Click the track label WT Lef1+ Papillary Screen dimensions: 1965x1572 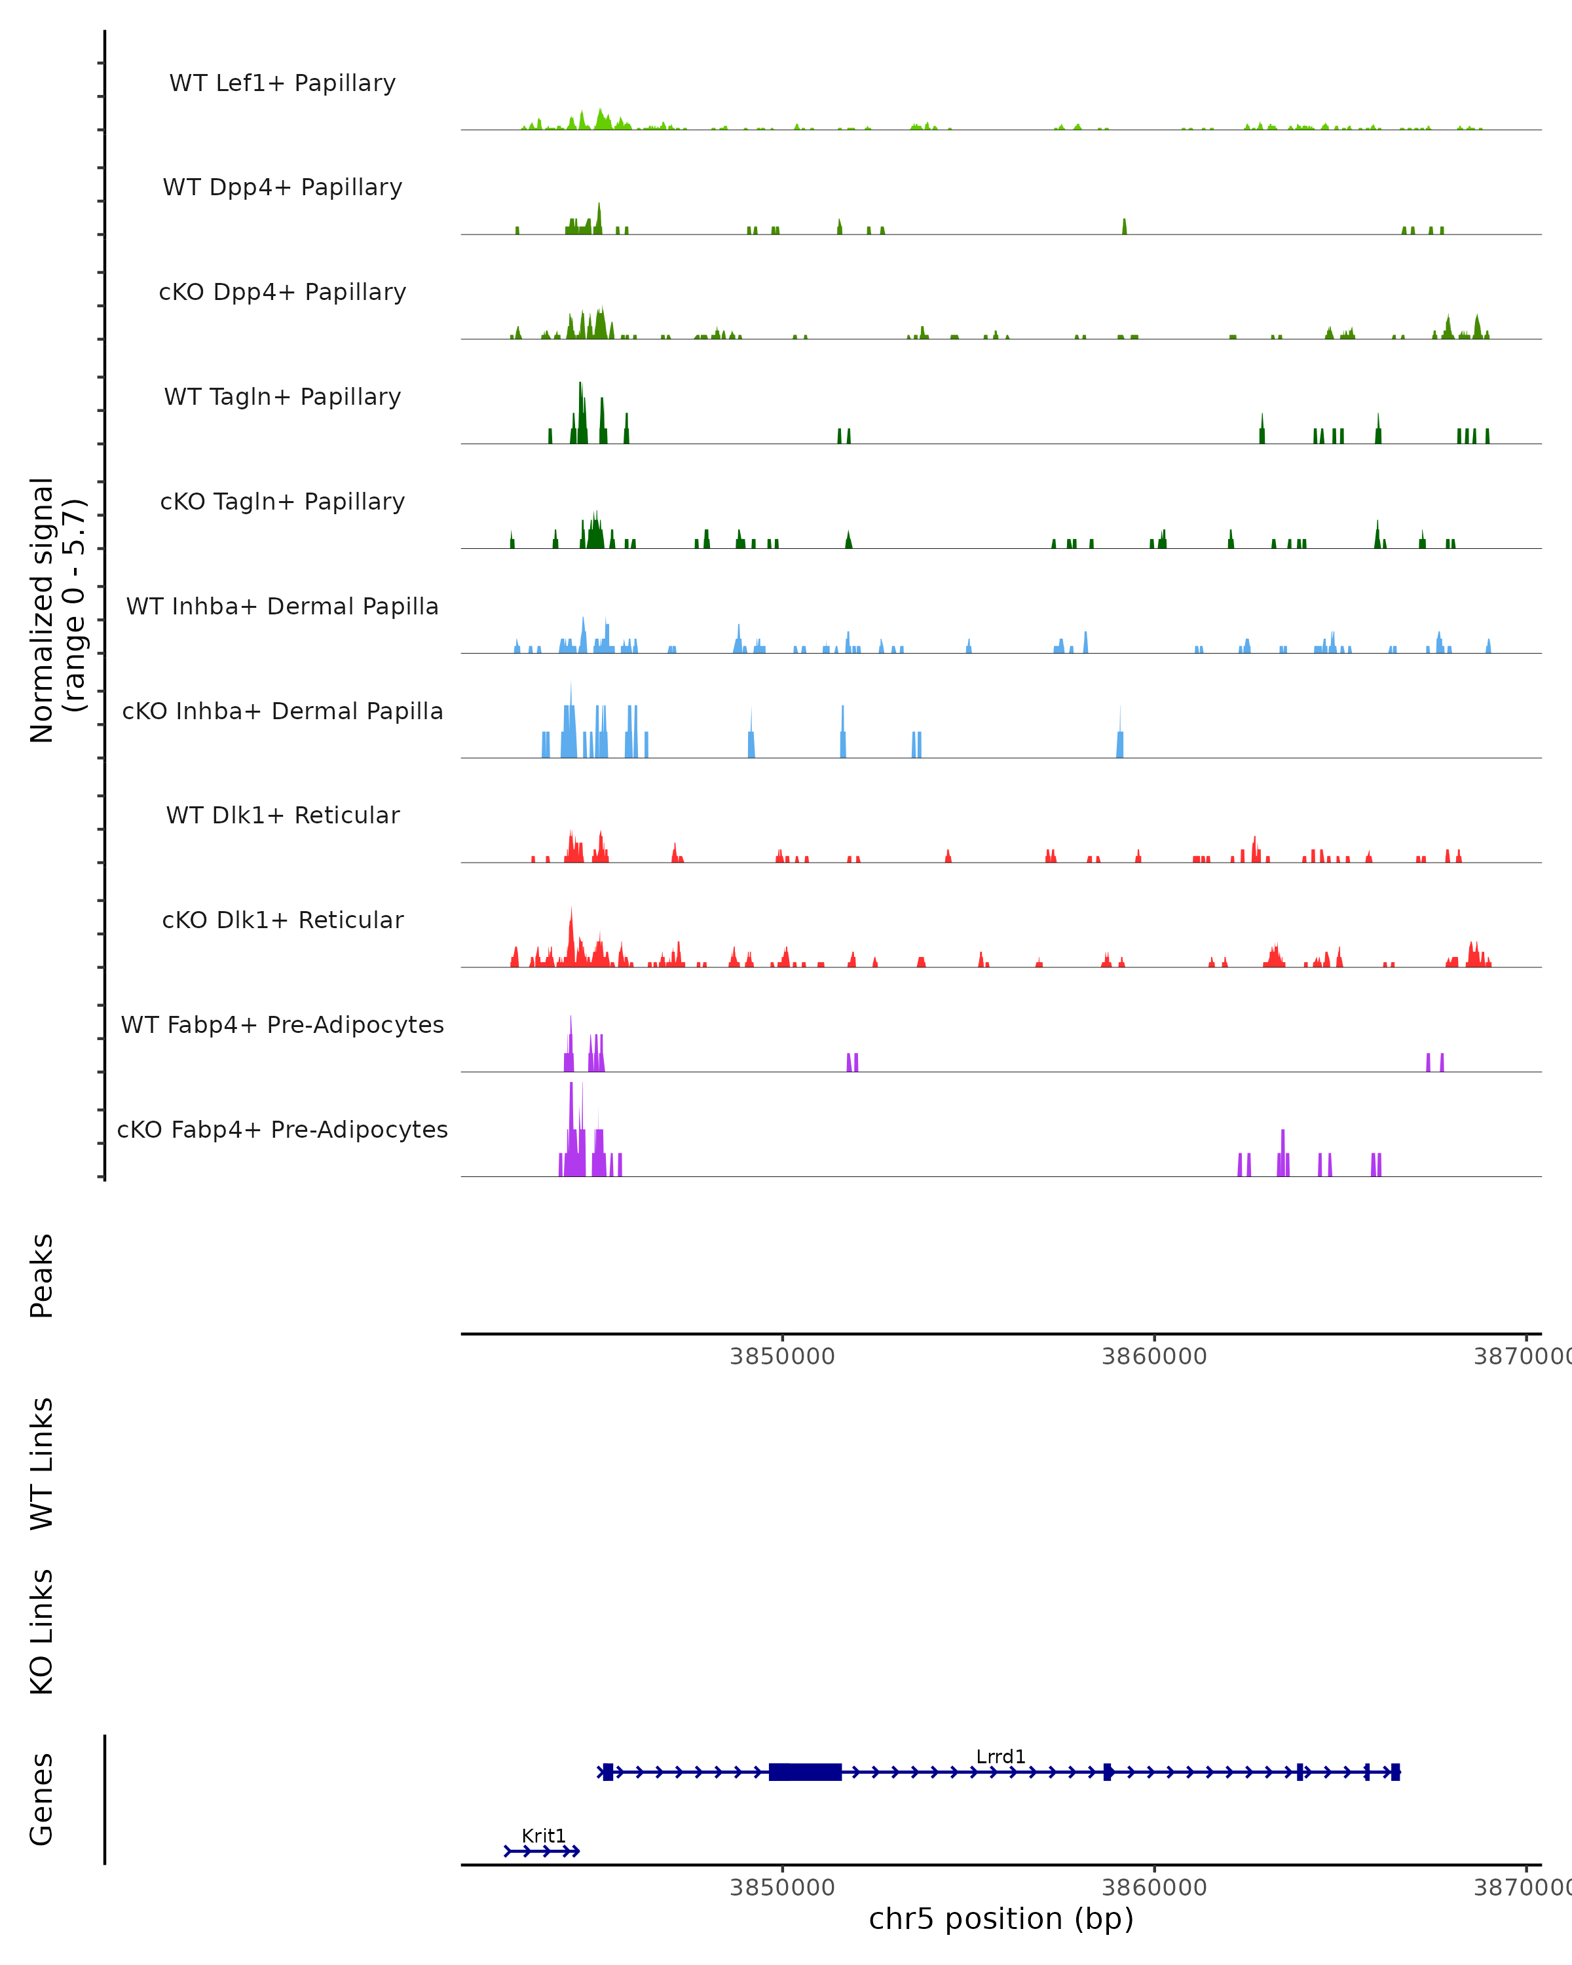[282, 83]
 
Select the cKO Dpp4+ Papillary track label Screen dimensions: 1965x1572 [282, 293]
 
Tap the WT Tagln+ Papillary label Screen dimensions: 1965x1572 [282, 398]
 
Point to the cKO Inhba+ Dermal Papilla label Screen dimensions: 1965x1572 [282, 712]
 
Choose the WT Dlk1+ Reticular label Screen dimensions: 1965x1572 [282, 815]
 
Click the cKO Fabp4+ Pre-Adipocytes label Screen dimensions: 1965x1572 [282, 1130]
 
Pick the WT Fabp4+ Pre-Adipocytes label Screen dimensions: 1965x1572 [282, 1025]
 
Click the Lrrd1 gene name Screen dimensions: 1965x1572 [1001, 1757]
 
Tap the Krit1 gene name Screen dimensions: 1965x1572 [544, 1835]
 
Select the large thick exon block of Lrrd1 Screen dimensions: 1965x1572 [805, 1772]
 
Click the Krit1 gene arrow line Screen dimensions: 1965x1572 [542, 1851]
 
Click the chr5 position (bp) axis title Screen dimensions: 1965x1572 [1001, 1918]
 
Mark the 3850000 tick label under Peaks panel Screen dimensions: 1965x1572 [782, 1357]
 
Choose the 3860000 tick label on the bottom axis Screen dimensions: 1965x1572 [1153, 1888]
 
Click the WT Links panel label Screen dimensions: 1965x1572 [42, 1464]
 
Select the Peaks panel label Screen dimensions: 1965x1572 [42, 1276]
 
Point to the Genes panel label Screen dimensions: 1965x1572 [42, 1799]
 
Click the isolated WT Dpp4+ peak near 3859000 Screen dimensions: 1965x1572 [1125, 227]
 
